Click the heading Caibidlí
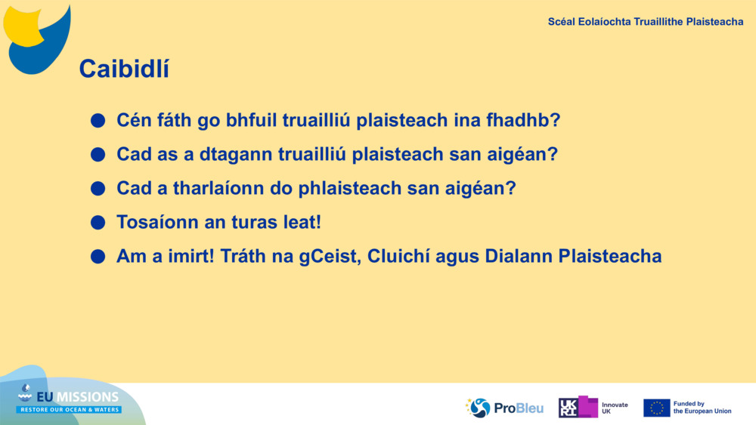(124, 69)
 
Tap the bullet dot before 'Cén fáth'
(98, 121)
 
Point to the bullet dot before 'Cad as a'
(98, 155)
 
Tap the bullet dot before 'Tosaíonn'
(98, 223)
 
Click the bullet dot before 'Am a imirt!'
(98, 257)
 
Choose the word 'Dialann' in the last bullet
(518, 257)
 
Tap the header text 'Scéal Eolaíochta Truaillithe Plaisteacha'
(645, 22)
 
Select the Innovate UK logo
(593, 408)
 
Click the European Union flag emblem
(656, 408)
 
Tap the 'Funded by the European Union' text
(702, 408)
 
